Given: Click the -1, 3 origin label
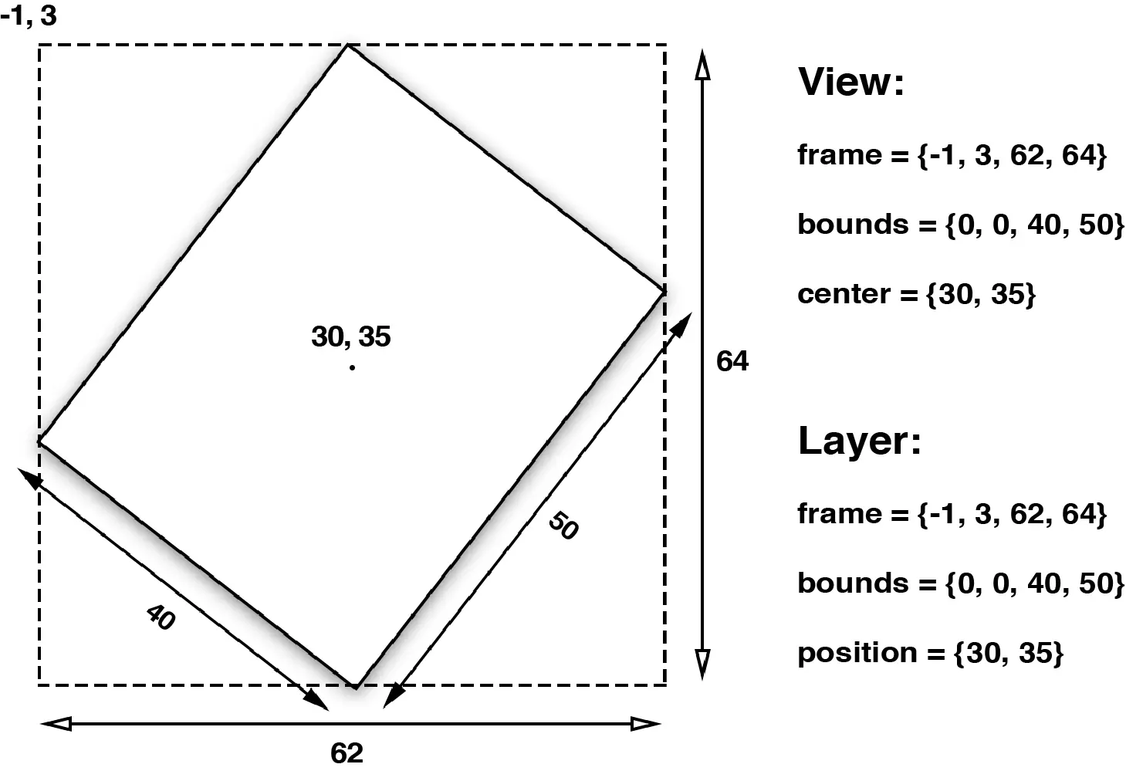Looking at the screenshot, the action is (29, 15).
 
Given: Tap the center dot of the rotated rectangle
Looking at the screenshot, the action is (352, 367).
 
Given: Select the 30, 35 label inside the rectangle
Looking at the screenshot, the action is (351, 336).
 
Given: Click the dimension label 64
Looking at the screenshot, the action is (732, 361).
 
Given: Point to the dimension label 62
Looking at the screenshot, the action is (347, 752).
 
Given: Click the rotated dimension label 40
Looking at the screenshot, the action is (161, 617).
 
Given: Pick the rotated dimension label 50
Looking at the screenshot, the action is (563, 526).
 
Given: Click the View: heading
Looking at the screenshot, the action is (850, 82).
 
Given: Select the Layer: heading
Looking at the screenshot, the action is (859, 441).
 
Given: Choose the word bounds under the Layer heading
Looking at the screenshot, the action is (853, 583).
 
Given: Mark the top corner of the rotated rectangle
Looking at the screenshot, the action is (348, 46).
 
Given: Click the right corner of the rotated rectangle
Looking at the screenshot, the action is (664, 291).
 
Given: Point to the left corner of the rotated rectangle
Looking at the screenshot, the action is (39, 441).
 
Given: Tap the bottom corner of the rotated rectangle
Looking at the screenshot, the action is (355, 686).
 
